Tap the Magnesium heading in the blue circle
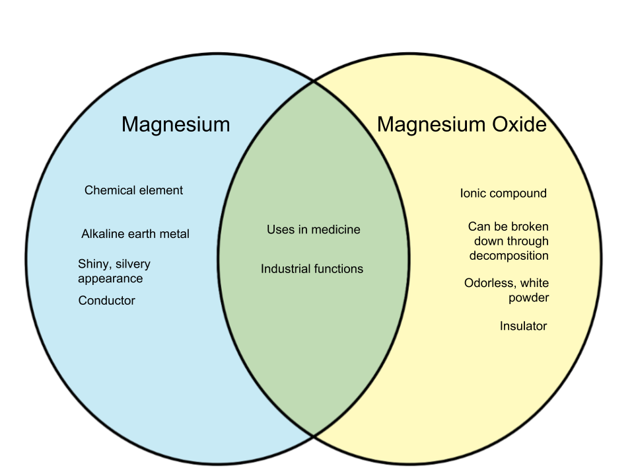point(176,124)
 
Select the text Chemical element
point(133,190)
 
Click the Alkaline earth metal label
point(135,234)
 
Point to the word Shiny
point(93,264)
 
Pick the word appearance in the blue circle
point(110,279)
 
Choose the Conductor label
point(106,301)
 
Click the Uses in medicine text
point(314,230)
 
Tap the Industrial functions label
point(312,269)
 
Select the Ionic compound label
point(503,194)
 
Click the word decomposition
point(509,256)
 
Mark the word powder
point(528,298)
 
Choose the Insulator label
point(523,326)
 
